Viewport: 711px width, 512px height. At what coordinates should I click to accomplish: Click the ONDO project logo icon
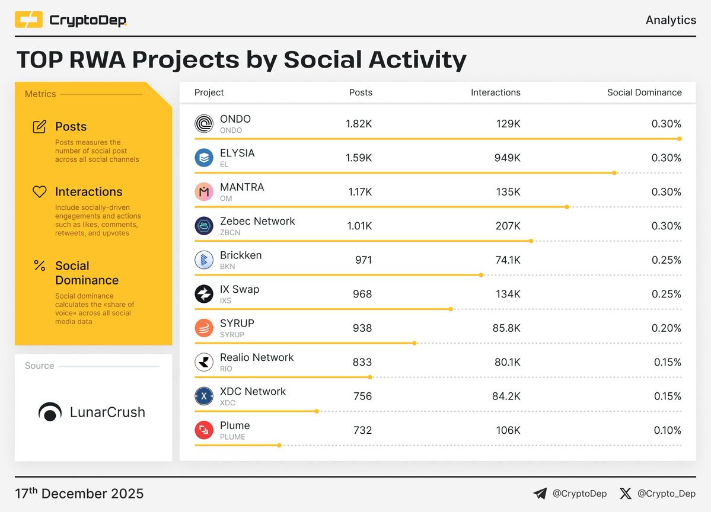203,124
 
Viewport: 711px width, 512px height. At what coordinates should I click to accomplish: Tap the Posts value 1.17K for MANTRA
359,192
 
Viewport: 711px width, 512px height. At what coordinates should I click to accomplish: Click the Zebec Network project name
257,221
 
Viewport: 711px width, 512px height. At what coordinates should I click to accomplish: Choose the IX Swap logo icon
203,295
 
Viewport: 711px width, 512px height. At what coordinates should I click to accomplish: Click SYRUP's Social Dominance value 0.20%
666,328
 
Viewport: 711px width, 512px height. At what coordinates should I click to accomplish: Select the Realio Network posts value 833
362,362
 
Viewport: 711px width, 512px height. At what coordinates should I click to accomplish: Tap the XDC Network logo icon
203,396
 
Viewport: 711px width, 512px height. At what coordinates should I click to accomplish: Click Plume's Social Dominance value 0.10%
666,430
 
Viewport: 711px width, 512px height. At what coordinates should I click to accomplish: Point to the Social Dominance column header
644,92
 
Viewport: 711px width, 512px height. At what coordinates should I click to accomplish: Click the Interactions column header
495,92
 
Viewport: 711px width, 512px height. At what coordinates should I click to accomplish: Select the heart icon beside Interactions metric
39,192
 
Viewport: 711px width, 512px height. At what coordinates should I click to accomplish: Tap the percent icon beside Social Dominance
39,266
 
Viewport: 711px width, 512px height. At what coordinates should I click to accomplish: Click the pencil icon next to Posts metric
39,127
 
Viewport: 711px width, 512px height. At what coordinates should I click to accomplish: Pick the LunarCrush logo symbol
50,412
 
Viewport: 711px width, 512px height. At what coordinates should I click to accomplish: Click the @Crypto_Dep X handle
666,493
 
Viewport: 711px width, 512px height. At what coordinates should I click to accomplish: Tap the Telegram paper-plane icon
540,493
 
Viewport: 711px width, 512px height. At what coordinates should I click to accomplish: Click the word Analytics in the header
671,20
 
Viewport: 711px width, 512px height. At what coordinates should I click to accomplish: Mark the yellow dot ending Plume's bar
279,445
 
